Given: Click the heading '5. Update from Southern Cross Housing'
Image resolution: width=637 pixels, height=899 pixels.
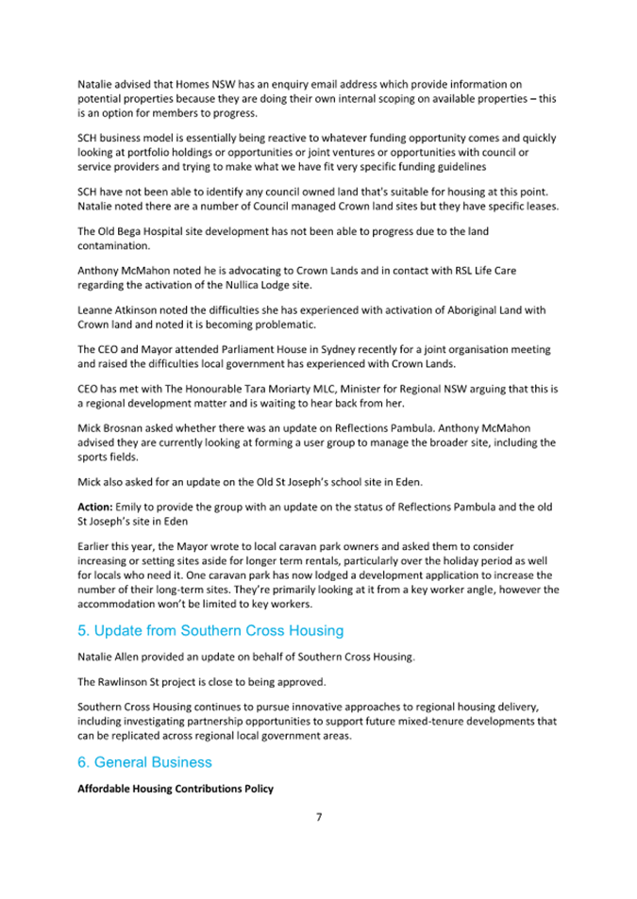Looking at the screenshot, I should (x=210, y=629).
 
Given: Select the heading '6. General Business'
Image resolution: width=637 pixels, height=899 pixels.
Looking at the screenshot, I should (x=144, y=761).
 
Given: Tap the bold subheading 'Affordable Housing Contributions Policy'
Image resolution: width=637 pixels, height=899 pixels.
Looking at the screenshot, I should (x=175, y=788).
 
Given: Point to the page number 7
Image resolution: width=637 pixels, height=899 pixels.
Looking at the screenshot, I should (x=319, y=816).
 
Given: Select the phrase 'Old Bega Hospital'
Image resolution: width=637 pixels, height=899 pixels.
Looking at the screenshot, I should (x=145, y=231).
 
